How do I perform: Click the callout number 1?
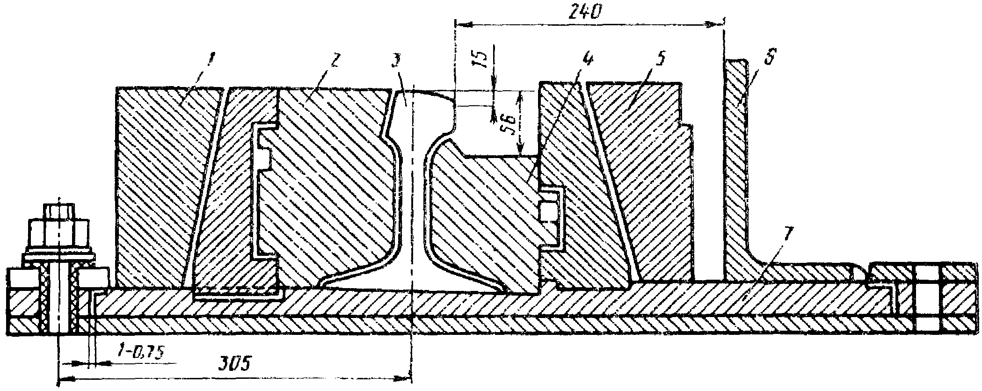211,59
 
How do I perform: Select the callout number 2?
336,60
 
